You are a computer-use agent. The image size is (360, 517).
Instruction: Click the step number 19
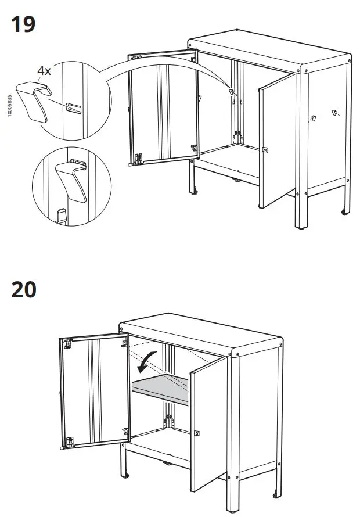(x=23, y=24)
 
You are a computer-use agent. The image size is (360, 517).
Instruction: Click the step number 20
(x=24, y=289)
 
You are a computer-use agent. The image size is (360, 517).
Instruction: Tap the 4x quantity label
(x=44, y=71)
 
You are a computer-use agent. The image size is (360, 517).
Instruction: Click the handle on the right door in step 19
(x=266, y=150)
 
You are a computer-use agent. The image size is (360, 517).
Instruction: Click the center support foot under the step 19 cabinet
(x=237, y=180)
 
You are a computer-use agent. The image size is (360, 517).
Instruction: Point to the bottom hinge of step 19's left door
(x=138, y=157)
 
